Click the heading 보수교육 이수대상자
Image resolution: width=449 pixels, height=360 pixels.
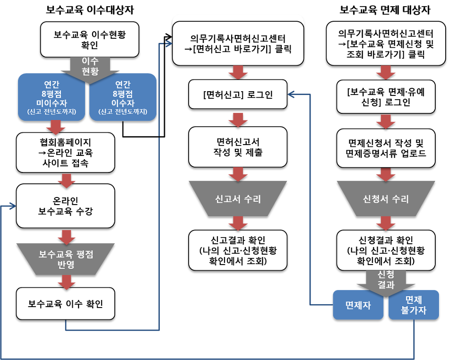click(x=90, y=10)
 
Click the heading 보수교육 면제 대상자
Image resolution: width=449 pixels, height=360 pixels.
click(x=385, y=10)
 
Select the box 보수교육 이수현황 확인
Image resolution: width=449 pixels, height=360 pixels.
click(x=90, y=40)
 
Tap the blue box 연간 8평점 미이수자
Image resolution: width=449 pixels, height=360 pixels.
click(x=52, y=97)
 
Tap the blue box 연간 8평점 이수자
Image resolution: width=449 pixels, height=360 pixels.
click(x=123, y=97)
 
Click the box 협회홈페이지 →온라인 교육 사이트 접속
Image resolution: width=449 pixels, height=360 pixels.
click(x=66, y=153)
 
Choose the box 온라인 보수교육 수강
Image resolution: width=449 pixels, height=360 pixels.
click(x=66, y=206)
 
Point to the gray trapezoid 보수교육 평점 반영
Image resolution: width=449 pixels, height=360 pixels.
click(x=66, y=259)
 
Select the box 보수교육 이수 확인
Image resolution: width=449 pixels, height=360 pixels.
click(x=66, y=304)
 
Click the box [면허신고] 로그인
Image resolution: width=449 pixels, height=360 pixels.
click(x=238, y=94)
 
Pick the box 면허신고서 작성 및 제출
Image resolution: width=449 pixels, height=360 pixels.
click(x=238, y=147)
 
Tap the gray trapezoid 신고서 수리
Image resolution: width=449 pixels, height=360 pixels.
click(x=238, y=198)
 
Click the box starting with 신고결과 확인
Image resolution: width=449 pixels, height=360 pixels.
click(x=238, y=250)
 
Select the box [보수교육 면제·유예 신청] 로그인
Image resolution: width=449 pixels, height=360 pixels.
click(x=386, y=97)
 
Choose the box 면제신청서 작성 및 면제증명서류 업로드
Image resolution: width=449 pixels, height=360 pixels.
click(x=386, y=148)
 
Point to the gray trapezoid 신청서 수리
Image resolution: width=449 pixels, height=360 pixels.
click(x=386, y=198)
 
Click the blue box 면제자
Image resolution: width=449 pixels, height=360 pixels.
click(x=358, y=305)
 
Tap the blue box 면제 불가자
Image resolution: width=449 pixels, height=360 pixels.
click(x=414, y=305)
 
